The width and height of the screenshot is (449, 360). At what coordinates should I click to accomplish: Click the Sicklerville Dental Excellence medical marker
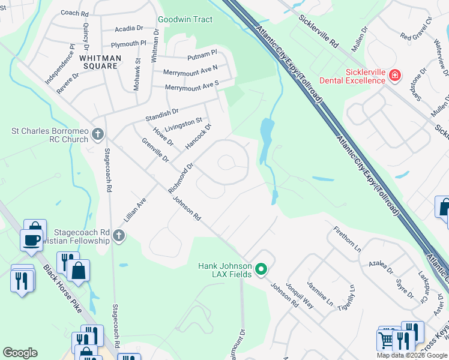pyautogui.click(x=395, y=76)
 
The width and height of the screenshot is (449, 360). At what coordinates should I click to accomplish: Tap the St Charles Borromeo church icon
pyautogui.click(x=99, y=134)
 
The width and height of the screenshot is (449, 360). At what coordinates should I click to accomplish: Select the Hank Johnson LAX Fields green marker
pyautogui.click(x=261, y=269)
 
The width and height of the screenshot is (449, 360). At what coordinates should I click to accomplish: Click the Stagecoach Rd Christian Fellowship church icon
pyautogui.click(x=119, y=236)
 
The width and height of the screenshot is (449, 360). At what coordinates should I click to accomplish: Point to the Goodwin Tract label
pyautogui.click(x=185, y=19)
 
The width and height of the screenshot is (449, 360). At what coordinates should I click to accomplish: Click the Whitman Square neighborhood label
pyautogui.click(x=100, y=62)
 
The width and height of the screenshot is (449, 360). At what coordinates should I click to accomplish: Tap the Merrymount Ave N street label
pyautogui.click(x=191, y=70)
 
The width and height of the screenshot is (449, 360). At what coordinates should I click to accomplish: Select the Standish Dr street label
pyautogui.click(x=163, y=112)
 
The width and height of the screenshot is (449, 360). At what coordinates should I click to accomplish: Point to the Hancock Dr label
pyautogui.click(x=199, y=137)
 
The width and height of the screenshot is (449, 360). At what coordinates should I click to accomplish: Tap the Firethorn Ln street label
pyautogui.click(x=348, y=238)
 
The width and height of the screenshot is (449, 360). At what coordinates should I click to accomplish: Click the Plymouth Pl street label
pyautogui.click(x=129, y=44)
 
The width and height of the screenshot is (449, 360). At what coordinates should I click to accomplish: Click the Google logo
pyautogui.click(x=20, y=353)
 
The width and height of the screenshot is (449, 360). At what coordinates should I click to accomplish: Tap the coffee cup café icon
pyautogui.click(x=31, y=240)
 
